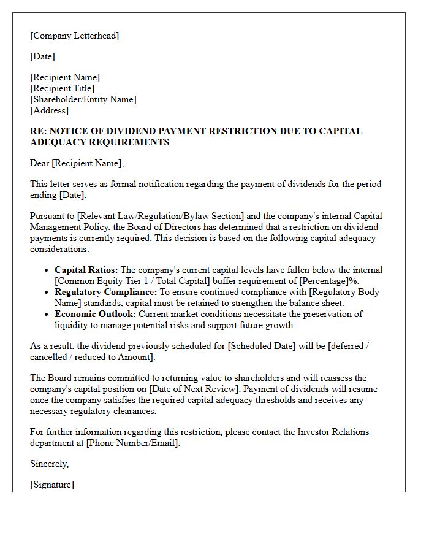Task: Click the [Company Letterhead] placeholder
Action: tap(74, 36)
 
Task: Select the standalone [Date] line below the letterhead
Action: tap(42, 56)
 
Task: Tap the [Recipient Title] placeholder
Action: tap(62, 88)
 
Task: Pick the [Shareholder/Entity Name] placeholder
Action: tap(83, 99)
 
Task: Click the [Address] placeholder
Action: tap(49, 110)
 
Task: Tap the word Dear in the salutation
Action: tap(40, 163)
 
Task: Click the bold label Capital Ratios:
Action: tap(86, 270)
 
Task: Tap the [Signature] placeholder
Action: tap(52, 485)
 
